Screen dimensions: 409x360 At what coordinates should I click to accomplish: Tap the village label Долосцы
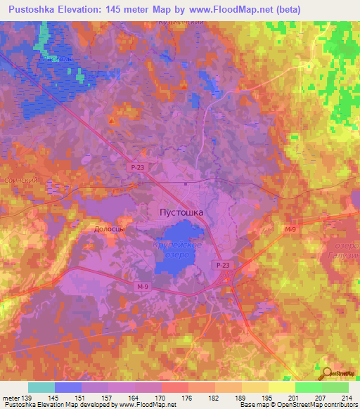pyautogui.click(x=110, y=229)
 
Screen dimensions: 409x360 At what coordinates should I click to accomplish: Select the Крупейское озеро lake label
pyautogui.click(x=178, y=249)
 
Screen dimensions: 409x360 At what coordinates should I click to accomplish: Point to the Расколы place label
pyautogui.click(x=56, y=59)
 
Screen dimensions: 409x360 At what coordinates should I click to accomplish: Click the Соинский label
pyautogui.click(x=20, y=180)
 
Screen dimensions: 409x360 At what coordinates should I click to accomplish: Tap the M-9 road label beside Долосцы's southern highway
pyautogui.click(x=143, y=287)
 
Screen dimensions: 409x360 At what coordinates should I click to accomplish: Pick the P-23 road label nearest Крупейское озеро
pyautogui.click(x=223, y=265)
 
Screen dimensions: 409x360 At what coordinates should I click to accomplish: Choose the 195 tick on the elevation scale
pyautogui.click(x=269, y=397)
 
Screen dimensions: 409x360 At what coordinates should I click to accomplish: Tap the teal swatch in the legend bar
pyautogui.click(x=41, y=387)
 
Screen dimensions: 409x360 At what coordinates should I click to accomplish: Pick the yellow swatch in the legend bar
pyautogui.click(x=281, y=387)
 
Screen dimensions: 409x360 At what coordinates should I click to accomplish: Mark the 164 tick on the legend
pyautogui.click(x=135, y=397)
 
